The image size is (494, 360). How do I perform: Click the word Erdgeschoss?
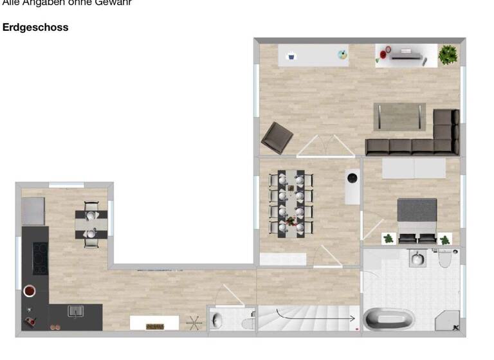coord(35,28)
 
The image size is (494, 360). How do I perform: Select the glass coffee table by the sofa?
coord(399,116)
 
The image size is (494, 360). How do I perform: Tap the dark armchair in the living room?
coord(277,137)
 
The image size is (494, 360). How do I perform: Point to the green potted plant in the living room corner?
coord(448,55)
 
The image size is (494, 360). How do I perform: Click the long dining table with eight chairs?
coord(291,203)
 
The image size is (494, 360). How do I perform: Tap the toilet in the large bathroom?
coord(444,258)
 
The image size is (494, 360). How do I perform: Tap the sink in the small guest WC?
coord(217,319)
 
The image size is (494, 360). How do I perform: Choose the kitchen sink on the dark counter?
coord(76,312)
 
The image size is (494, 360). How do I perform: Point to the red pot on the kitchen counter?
coord(30,291)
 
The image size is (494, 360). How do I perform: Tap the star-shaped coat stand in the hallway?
coord(194,323)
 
